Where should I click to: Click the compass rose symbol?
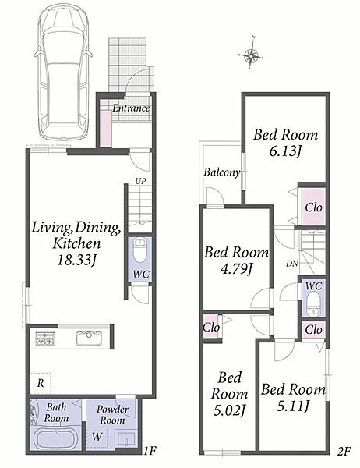[x=251, y=54]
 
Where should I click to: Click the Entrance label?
[x=131, y=108]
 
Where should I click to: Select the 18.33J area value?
[x=77, y=261]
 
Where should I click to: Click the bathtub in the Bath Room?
[x=55, y=439]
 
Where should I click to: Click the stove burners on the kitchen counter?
[x=44, y=339]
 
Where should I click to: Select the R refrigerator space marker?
[x=41, y=383]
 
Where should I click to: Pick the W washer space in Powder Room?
[x=97, y=437]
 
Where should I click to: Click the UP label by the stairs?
[x=141, y=181]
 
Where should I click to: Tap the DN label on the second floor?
[x=291, y=264]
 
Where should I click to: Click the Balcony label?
[x=221, y=172]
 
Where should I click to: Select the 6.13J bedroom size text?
[x=284, y=152]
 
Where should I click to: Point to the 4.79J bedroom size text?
[x=236, y=270]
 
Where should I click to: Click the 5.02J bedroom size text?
[x=229, y=411]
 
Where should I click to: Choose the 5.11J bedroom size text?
[x=292, y=406]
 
